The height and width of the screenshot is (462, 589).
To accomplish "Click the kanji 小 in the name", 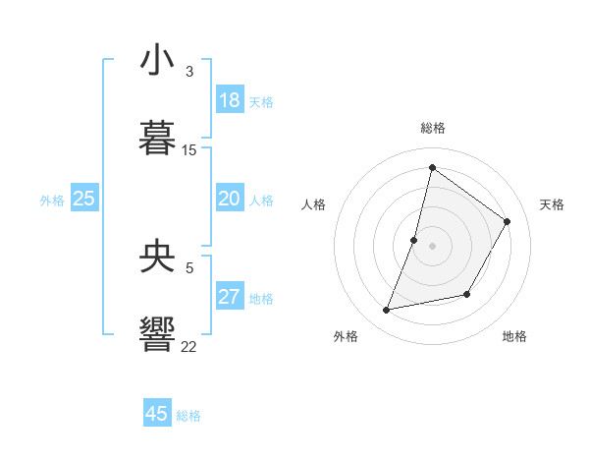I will [158, 61].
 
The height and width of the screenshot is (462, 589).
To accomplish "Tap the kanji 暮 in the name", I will [158, 138].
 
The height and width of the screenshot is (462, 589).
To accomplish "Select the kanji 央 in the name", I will [158, 257].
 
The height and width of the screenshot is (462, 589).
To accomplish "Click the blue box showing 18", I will [230, 100].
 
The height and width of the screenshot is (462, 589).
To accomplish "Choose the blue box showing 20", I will [230, 200].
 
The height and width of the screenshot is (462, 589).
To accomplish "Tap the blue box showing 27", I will [230, 298].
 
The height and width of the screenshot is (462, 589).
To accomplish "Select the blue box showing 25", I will [84, 200].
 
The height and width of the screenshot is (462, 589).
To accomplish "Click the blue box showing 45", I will [157, 414].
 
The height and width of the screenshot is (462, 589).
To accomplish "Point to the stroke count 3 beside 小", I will [188, 72].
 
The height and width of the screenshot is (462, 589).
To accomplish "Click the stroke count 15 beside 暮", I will [189, 150].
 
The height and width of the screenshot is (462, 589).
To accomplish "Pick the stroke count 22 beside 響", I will [189, 346].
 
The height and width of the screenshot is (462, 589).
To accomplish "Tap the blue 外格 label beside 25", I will [52, 201].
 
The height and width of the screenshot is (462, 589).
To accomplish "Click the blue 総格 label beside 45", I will [188, 416].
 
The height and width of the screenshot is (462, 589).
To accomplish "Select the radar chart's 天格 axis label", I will [552, 204].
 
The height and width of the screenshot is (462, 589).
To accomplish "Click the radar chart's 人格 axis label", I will [313, 204].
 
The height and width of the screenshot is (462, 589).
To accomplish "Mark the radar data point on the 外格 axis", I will [387, 311].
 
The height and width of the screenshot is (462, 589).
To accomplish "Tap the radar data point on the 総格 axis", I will [432, 168].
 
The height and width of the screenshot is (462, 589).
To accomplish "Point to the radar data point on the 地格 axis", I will [467, 294].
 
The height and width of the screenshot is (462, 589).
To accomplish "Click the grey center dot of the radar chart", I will [432, 246].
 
